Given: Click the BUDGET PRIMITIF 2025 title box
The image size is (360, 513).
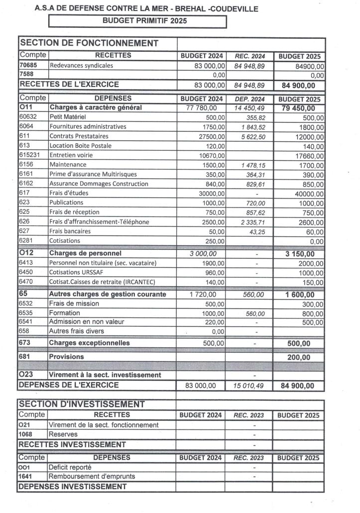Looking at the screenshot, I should [x=137, y=21].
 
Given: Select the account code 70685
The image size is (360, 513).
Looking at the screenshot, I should [x=27, y=65].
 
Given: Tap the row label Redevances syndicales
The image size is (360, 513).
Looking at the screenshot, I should [x=81, y=65].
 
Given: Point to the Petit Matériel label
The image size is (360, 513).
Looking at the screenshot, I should [x=68, y=117].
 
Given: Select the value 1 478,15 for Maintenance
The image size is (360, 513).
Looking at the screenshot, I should [x=250, y=165].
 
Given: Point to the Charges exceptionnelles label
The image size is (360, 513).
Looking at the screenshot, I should [x=89, y=343].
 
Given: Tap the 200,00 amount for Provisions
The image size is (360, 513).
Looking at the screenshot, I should [x=298, y=357].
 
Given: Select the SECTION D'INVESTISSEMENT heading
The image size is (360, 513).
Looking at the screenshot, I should [x=82, y=404].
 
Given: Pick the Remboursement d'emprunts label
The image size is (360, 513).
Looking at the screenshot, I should [x=92, y=476].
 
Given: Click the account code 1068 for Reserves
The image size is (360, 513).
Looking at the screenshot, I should [x=26, y=434].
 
